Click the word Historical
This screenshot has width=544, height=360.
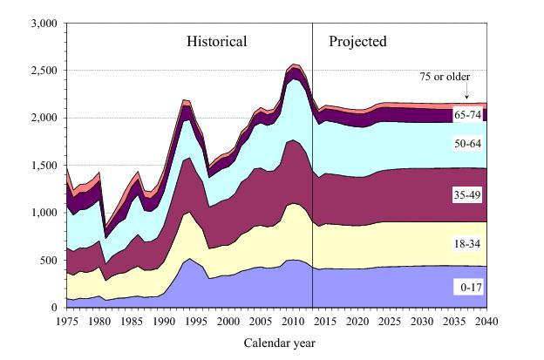(215, 41)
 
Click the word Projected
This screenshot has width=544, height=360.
(357, 41)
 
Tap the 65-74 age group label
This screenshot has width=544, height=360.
(467, 115)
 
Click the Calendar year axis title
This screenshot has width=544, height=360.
(278, 343)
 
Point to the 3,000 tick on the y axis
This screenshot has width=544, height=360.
(44, 23)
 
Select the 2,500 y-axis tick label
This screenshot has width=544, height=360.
(44, 70)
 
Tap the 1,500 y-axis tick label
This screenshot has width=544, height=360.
(44, 165)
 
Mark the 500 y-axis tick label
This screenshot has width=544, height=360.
(49, 260)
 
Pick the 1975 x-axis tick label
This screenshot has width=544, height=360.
(66, 321)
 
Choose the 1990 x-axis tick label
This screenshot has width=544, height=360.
(163, 321)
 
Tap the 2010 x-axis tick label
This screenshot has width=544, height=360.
(293, 321)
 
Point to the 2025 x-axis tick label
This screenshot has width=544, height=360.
(390, 321)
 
